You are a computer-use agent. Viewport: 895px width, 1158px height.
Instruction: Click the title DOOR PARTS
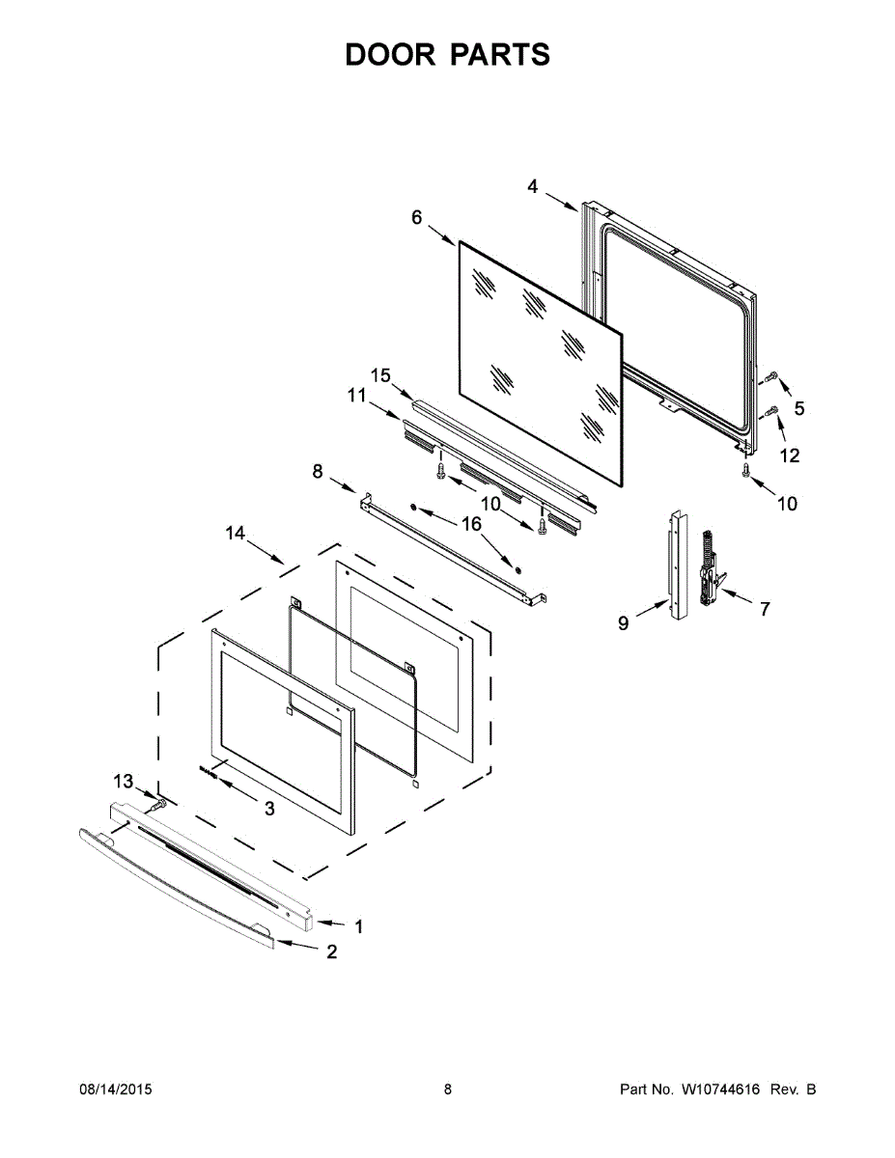tap(448, 55)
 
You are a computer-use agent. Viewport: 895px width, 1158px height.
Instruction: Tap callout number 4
tap(533, 186)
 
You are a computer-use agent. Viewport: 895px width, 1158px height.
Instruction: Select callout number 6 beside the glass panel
tap(417, 217)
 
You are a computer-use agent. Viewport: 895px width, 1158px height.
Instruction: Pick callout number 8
tap(318, 470)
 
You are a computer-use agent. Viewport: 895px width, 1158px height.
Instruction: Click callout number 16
tap(471, 523)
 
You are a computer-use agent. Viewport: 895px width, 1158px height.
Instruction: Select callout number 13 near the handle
tap(123, 781)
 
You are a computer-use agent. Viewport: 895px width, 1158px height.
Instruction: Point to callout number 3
tap(269, 809)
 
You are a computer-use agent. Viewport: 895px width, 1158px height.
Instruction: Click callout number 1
tap(358, 926)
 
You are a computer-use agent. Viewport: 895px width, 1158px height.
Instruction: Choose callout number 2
tap(331, 951)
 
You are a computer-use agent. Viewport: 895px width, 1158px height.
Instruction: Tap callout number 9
tap(624, 623)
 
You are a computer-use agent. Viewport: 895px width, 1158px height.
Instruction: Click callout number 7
tap(765, 609)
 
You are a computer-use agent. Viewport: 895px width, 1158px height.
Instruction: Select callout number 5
tap(798, 409)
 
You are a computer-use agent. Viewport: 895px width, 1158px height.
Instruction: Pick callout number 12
tap(790, 455)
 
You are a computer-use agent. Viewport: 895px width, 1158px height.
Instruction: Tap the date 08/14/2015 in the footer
tap(115, 1089)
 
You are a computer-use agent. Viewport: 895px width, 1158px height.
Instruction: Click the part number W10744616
tap(719, 1089)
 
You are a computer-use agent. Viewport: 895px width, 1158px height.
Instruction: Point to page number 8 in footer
tap(448, 1089)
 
